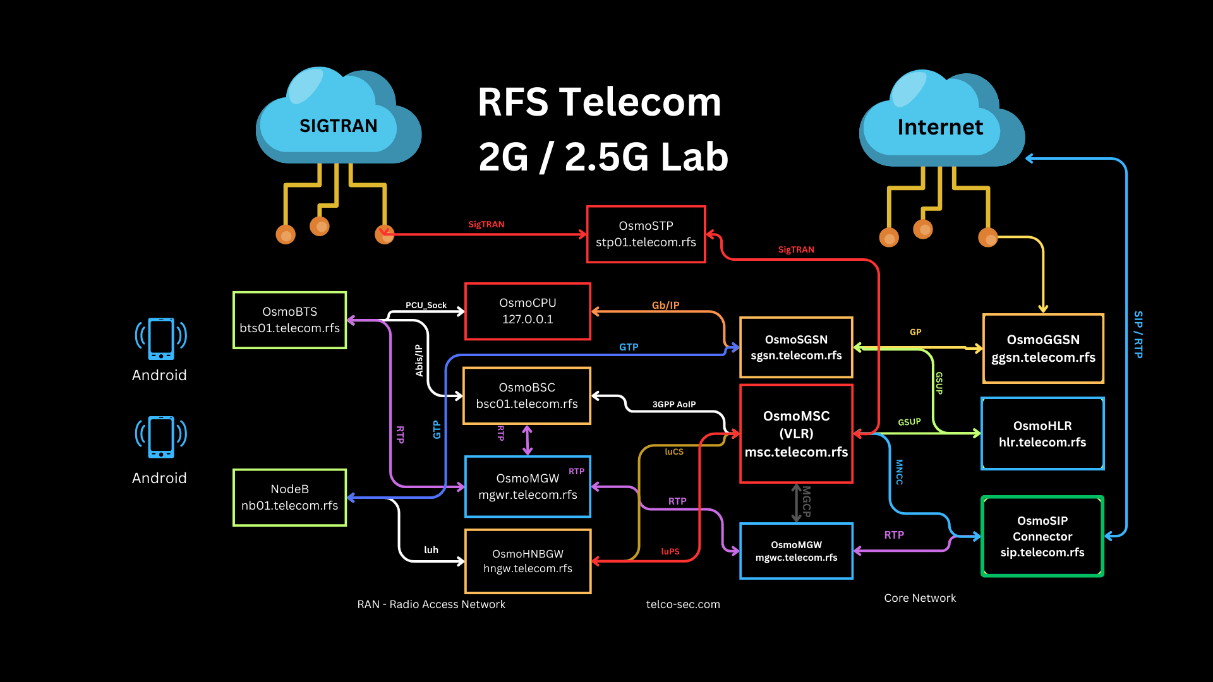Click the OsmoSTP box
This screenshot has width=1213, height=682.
[x=646, y=234]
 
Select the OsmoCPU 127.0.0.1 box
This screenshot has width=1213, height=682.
[x=528, y=311]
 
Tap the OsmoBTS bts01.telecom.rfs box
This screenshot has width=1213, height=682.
[x=289, y=320]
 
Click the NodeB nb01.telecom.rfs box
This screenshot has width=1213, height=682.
[x=289, y=498]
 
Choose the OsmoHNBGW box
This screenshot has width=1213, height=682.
[x=528, y=561]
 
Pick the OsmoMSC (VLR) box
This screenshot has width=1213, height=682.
[x=796, y=434]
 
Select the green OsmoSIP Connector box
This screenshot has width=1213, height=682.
[x=1042, y=536]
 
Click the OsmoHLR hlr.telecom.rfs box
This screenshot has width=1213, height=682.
[x=1042, y=434]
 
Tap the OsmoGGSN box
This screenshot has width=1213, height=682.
[x=1043, y=349]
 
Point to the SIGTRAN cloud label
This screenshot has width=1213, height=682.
[x=338, y=126]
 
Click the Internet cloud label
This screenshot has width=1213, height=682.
[x=940, y=128]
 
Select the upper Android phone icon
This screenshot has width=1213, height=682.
[x=160, y=338]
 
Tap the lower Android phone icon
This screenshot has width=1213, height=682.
[x=160, y=437]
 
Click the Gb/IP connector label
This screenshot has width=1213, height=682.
[x=665, y=306]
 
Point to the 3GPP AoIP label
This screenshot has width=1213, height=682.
[x=673, y=404]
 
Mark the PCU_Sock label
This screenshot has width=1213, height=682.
[x=426, y=306]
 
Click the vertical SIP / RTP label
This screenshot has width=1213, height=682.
[x=1138, y=335]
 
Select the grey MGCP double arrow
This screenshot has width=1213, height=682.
[x=797, y=503]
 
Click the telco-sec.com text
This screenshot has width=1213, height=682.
[x=683, y=604]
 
